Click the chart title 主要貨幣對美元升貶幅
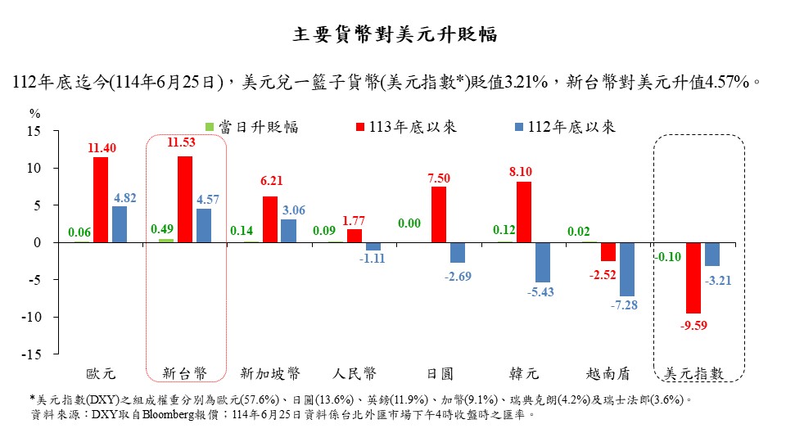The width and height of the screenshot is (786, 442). [x=393, y=35]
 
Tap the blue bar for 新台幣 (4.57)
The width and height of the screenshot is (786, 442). [x=203, y=225]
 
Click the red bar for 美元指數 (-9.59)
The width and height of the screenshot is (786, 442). [x=693, y=277]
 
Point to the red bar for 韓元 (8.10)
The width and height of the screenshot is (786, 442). [x=524, y=212]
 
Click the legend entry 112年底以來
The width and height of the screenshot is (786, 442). [x=557, y=127]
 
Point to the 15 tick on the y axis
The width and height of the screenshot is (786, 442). [x=34, y=131]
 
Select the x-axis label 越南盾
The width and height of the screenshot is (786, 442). [x=608, y=373]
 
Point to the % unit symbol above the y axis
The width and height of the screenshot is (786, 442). [x=34, y=113]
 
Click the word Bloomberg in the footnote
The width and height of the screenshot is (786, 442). [x=174, y=415]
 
